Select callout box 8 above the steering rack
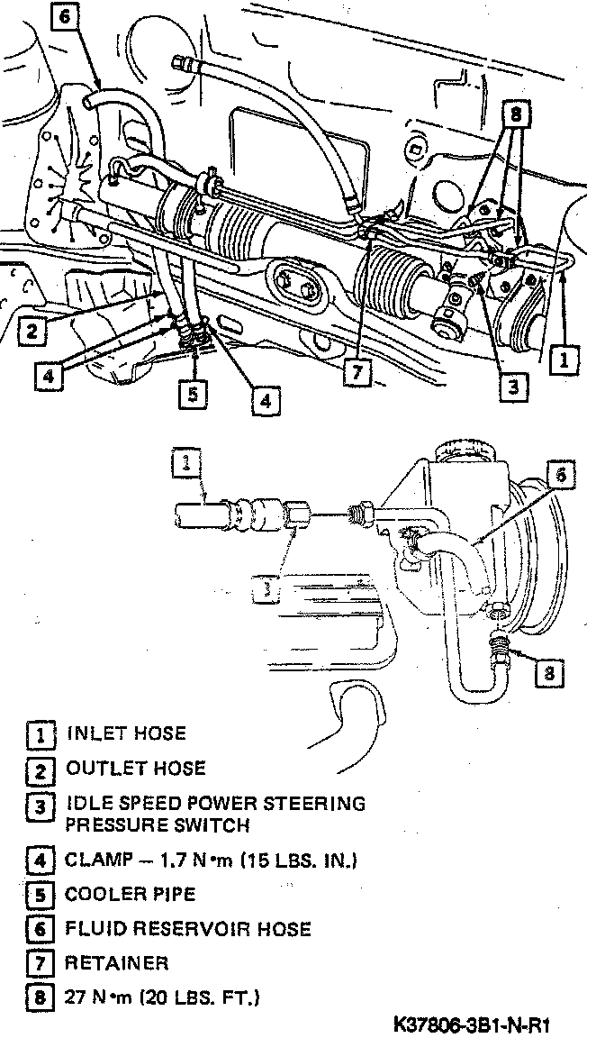pos(515,114)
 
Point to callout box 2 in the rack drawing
pos(32,330)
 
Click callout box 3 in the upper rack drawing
pos(511,387)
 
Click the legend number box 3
pos(39,806)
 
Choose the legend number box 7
pos(39,963)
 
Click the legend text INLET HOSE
pos(126,733)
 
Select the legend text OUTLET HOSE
pos(135,769)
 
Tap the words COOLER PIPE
pos(130,895)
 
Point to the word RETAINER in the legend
pos(116,963)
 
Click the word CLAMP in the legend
pos(93,860)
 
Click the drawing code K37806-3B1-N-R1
pos(472,1025)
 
